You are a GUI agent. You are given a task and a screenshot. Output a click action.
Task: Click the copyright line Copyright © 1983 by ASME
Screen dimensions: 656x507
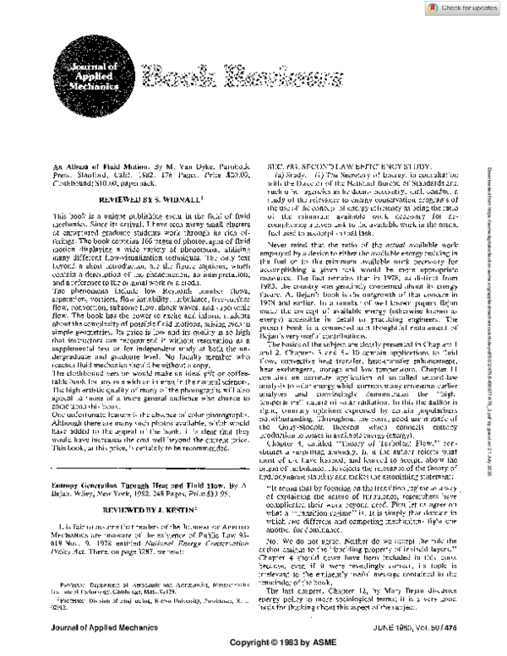pos(253,642)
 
